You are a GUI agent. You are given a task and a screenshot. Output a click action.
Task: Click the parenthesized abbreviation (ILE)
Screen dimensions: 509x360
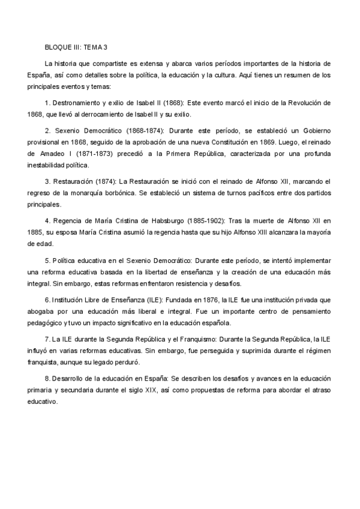[147, 298]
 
